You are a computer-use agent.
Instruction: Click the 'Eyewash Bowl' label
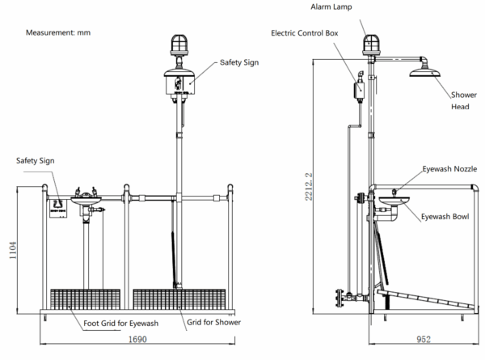point(444,216)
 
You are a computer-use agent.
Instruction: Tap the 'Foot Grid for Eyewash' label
point(121,324)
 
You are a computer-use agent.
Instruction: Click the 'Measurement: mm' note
point(59,33)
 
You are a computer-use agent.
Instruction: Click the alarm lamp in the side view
point(370,44)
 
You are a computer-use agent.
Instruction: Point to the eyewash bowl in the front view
point(82,200)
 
